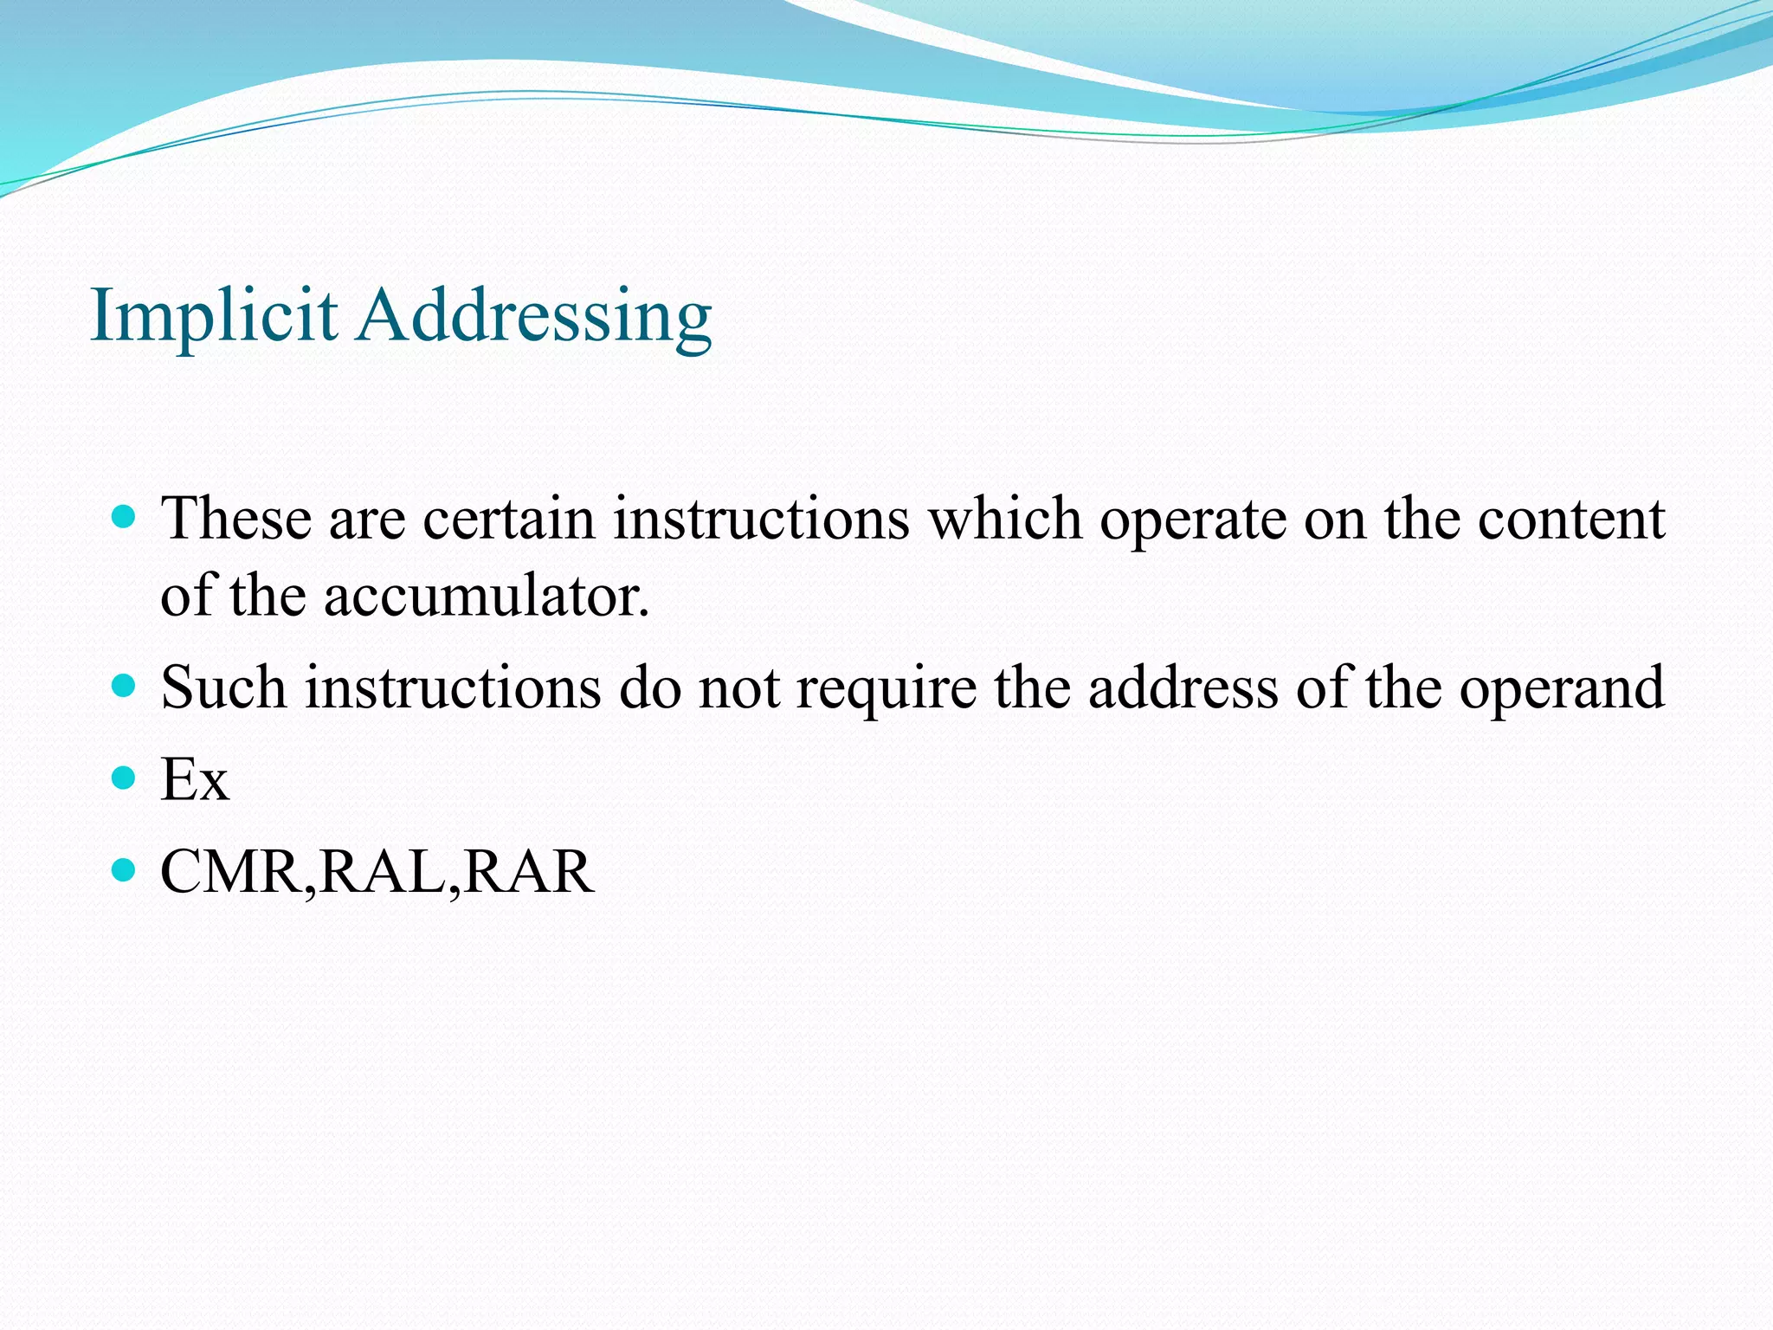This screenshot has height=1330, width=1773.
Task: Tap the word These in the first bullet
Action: tap(236, 520)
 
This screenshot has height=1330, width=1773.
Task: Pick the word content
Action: tap(1570, 520)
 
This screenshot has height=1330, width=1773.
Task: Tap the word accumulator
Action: tap(486, 597)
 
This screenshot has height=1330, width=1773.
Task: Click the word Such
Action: tap(223, 688)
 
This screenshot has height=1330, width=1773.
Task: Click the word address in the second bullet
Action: tap(1183, 688)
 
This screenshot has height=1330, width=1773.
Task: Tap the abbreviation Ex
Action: tap(195, 780)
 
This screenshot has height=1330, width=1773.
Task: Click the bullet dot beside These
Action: tap(125, 518)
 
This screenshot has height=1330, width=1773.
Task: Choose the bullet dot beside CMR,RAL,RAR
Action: tap(125, 870)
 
